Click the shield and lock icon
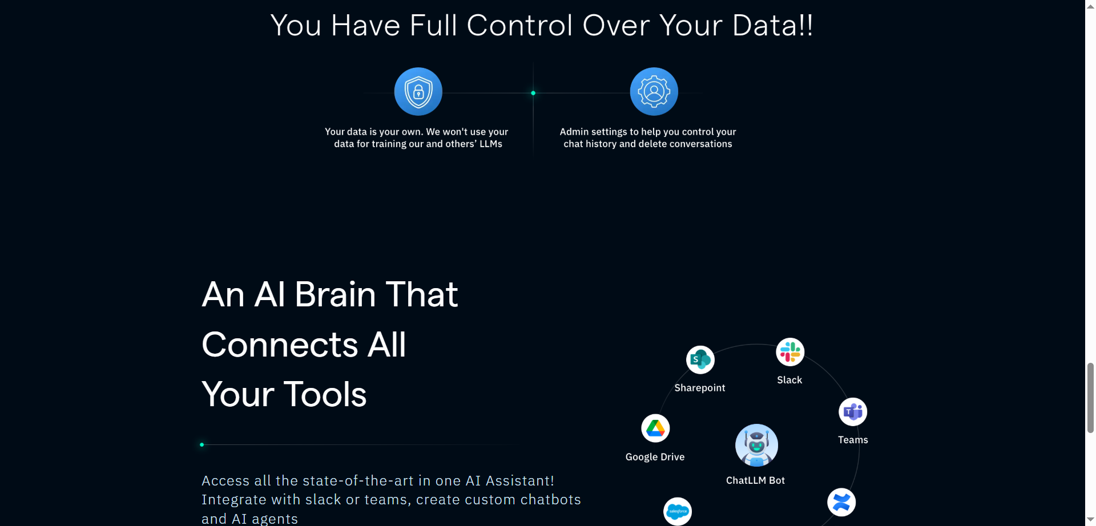click(x=418, y=92)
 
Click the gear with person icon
click(x=654, y=92)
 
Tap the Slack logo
click(x=790, y=352)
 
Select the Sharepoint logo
click(x=700, y=360)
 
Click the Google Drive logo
click(x=655, y=428)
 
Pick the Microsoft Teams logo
click(x=853, y=412)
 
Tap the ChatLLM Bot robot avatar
click(x=756, y=446)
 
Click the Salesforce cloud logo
click(x=678, y=511)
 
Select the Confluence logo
click(x=841, y=503)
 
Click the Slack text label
click(x=789, y=380)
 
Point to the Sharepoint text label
click(x=700, y=388)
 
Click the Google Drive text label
click(x=655, y=457)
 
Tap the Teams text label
click(x=853, y=440)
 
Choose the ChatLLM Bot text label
click(x=755, y=480)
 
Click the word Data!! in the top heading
click(x=772, y=26)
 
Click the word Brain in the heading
click(x=335, y=295)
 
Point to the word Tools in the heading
click(x=325, y=394)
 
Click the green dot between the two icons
click(x=533, y=93)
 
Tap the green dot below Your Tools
click(x=202, y=444)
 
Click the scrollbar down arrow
click(x=1090, y=520)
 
